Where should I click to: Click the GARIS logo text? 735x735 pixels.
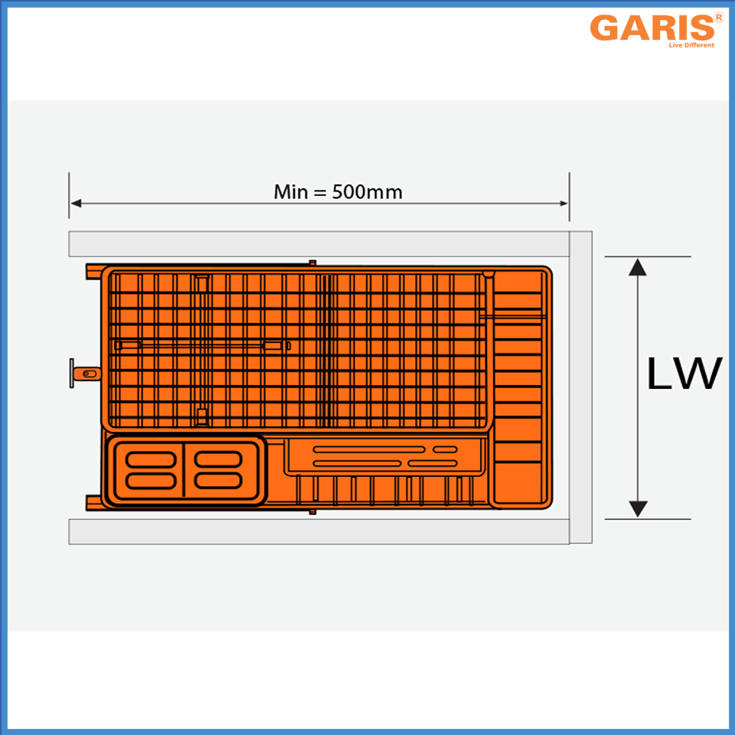[x=652, y=28]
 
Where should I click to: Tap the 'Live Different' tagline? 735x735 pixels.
[x=691, y=45]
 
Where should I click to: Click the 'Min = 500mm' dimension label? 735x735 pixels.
[x=338, y=192]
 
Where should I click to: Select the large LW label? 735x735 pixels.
[x=684, y=373]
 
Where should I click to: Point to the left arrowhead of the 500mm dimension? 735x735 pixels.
[x=76, y=203]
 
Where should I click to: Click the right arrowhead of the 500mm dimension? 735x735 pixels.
[x=563, y=204]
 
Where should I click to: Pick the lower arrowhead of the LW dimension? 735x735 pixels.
[x=638, y=509]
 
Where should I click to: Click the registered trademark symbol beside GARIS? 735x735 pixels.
[x=719, y=18]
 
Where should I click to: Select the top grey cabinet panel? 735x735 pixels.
[x=319, y=243]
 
